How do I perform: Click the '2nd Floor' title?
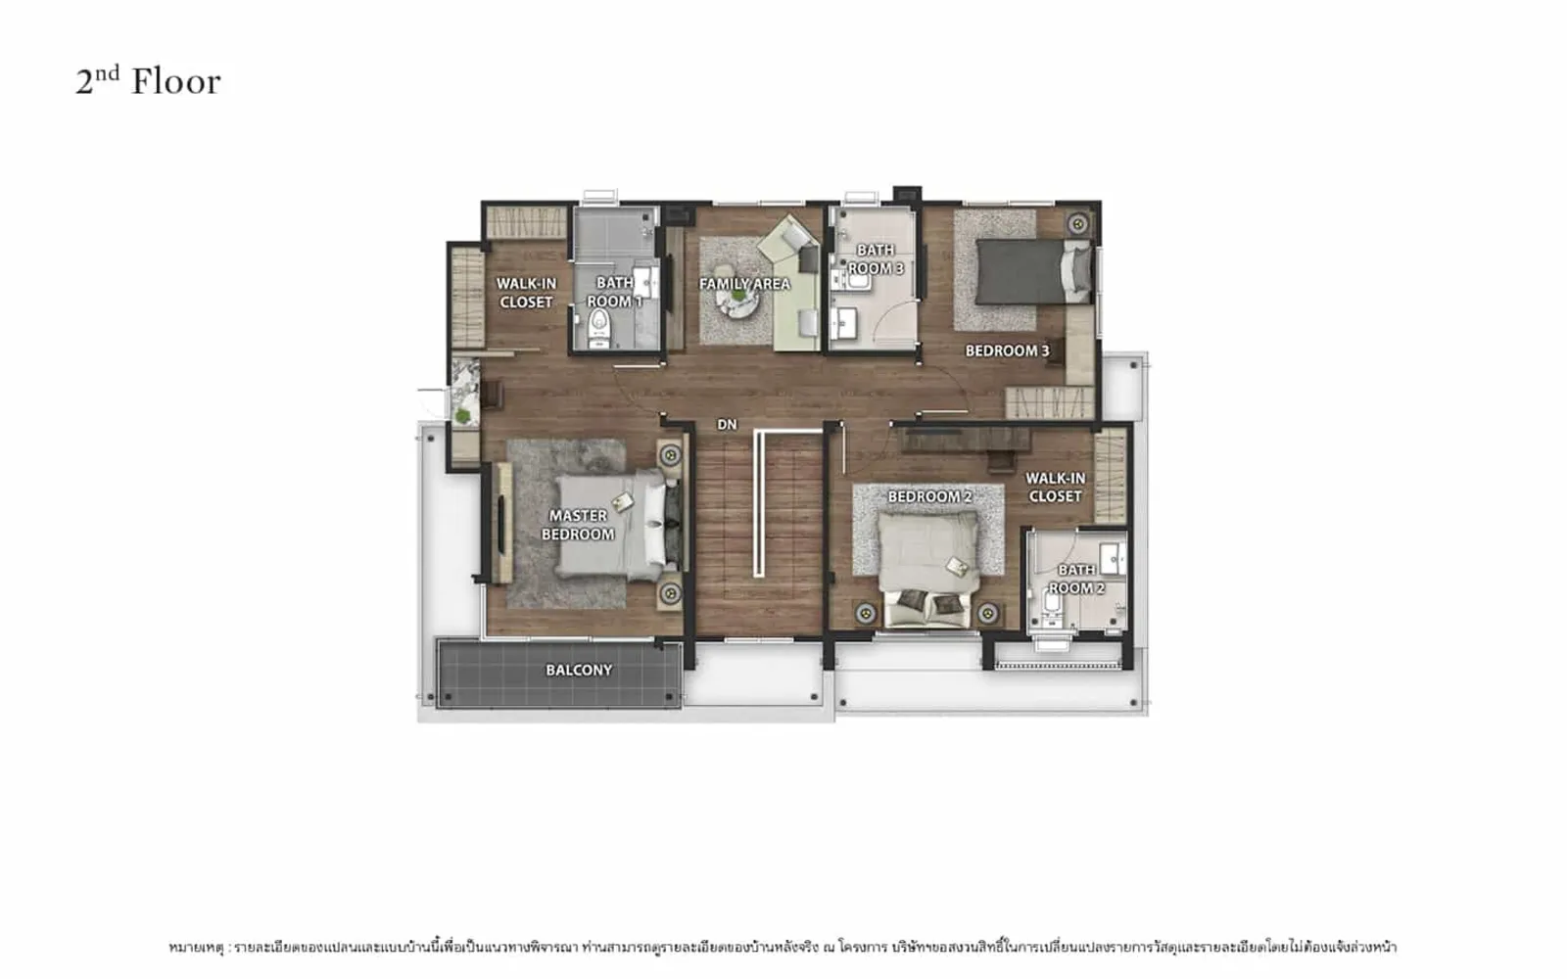point(148,81)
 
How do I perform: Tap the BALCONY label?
point(579,670)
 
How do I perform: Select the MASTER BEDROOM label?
point(578,525)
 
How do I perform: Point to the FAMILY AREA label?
point(744,284)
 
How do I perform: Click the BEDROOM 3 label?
point(1008,350)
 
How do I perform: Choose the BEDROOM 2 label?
point(929,496)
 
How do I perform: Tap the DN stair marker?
point(727,425)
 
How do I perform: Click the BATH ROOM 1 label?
point(614,293)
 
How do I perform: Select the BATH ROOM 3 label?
point(876,258)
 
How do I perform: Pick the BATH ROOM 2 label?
point(1076,579)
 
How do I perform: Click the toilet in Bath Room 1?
point(599,327)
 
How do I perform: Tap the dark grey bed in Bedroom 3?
point(1033,271)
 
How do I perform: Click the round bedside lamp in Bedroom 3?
point(1078,224)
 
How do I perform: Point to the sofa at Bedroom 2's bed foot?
point(927,608)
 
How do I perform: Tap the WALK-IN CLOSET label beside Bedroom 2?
point(1055,488)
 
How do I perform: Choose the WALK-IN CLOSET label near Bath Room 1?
point(526,293)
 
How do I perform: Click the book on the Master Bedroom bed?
point(622,501)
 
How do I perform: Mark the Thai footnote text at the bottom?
point(783,948)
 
